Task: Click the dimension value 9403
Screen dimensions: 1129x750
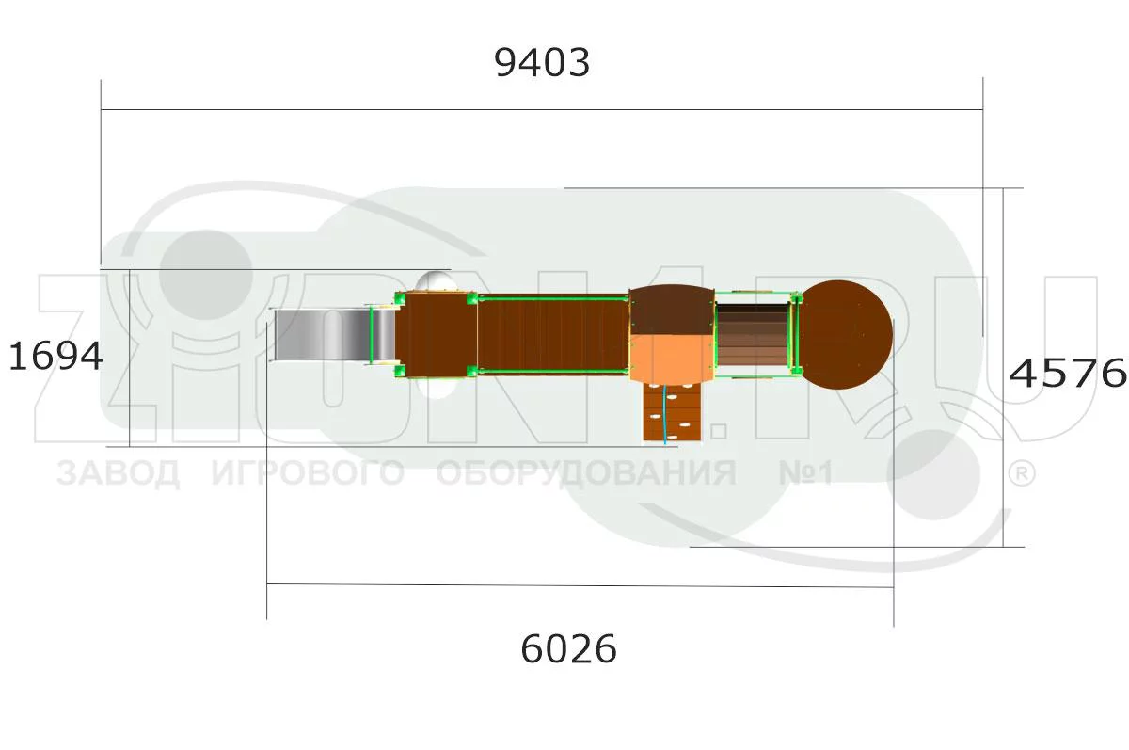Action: [542, 63]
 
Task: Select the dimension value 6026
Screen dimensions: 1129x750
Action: [568, 648]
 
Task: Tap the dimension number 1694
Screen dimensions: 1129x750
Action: [56, 356]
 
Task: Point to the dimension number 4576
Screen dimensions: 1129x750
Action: [1068, 374]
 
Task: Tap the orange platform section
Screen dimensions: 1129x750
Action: [672, 359]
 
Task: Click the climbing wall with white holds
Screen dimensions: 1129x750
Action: [673, 413]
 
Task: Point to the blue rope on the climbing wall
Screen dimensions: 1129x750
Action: [665, 414]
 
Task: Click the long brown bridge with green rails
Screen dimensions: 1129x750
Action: [553, 335]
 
